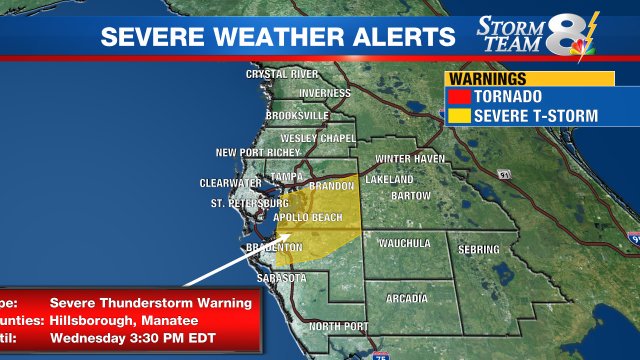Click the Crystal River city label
[282, 73]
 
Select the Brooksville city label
[297, 115]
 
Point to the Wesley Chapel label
[318, 137]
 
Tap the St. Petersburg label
[249, 204]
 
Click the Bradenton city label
[274, 247]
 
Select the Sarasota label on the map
[281, 277]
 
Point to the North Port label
[338, 327]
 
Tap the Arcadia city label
[407, 298]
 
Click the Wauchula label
[404, 243]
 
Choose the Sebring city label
[479, 248]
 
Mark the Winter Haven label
[407, 159]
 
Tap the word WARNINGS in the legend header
[486, 78]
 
